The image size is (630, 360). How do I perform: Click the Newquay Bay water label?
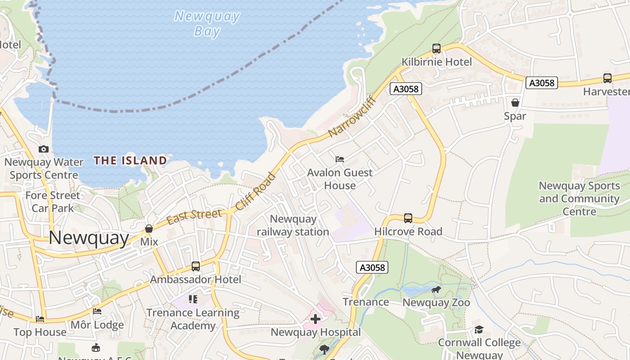click(207, 23)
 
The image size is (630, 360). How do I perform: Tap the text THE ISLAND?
click(130, 161)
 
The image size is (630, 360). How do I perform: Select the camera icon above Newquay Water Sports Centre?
click(44, 149)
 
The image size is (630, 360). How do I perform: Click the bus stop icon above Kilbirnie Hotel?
click(436, 49)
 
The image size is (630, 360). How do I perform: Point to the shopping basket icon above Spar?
click(515, 103)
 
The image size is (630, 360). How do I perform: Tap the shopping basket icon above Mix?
click(149, 229)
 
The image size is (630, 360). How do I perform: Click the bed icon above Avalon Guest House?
click(340, 159)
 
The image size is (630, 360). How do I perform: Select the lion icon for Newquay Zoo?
click(436, 289)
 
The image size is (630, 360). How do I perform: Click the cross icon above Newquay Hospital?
click(315, 319)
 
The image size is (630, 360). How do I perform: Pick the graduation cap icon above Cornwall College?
click(479, 330)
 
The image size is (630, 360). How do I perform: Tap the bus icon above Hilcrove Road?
click(408, 218)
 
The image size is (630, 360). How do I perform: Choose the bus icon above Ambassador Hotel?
click(196, 266)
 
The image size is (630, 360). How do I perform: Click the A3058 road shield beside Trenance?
click(372, 268)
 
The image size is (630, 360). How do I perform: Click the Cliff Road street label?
click(255, 191)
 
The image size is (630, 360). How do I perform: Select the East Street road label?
click(194, 216)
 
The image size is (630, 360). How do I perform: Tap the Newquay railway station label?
click(293, 225)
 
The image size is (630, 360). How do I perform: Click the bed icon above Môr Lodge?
click(97, 311)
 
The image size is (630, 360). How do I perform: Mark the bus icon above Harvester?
click(607, 78)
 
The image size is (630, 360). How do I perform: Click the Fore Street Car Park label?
click(53, 202)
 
